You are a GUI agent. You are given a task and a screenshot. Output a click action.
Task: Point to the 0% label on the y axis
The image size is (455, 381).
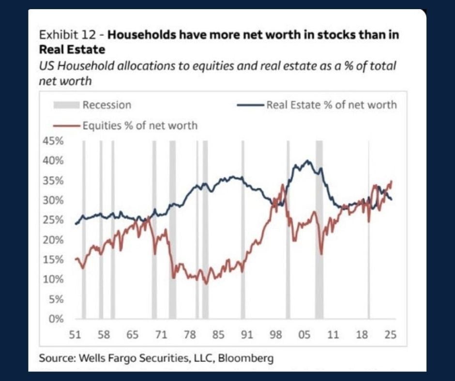(57, 319)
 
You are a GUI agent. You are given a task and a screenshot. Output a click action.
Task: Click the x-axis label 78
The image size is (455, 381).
(189, 335)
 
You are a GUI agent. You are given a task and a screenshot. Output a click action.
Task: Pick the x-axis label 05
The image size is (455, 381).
(304, 335)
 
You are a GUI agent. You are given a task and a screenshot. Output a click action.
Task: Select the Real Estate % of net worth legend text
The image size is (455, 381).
(331, 105)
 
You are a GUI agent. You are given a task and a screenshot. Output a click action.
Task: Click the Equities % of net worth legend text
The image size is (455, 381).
(139, 126)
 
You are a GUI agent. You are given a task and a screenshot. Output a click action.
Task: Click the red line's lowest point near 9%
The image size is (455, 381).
(206, 283)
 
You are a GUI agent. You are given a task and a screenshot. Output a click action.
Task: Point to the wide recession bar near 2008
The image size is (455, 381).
(318, 230)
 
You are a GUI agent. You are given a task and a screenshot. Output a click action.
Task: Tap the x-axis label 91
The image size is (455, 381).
(247, 335)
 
